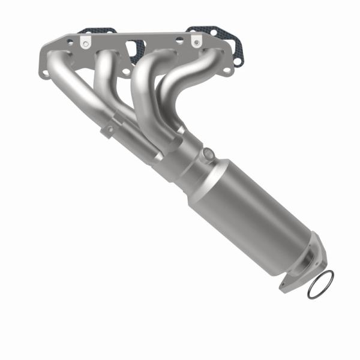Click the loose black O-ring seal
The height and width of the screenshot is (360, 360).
pos(321,284)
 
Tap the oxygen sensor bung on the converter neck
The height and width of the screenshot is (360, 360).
pos(208,155)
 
